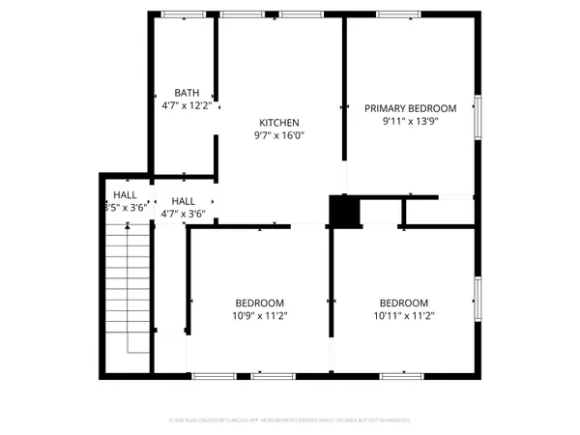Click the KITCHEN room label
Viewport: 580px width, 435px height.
[279, 123]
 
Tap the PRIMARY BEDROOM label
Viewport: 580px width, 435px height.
[410, 108]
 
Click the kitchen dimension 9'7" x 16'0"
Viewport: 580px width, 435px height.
[279, 136]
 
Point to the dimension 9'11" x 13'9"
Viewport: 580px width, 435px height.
[410, 122]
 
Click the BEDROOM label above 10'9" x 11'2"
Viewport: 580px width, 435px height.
[259, 302]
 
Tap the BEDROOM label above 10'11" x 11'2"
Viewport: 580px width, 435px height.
[403, 302]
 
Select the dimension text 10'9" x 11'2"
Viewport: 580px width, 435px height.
[259, 315]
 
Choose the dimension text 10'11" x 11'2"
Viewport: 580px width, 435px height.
[403, 315]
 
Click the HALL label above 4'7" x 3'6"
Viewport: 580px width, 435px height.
[183, 200]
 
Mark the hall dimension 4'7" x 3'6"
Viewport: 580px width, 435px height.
[183, 214]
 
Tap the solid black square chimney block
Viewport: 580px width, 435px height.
[342, 211]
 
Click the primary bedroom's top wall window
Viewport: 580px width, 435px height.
[397, 14]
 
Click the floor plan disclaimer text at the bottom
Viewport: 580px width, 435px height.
[290, 420]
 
